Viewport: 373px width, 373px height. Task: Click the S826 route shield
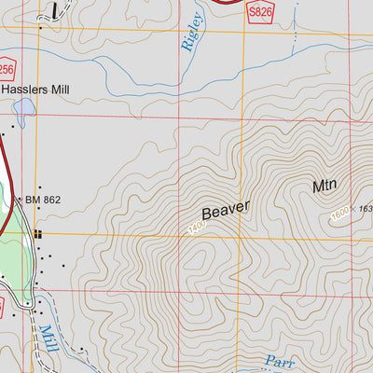point(261,8)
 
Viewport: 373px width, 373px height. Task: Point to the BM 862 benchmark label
point(46,199)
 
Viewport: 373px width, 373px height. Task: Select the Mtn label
point(325,185)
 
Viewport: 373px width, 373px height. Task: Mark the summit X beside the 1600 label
point(353,208)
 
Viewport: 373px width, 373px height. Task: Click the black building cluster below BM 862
point(38,234)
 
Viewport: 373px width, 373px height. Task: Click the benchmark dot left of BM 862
point(19,199)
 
